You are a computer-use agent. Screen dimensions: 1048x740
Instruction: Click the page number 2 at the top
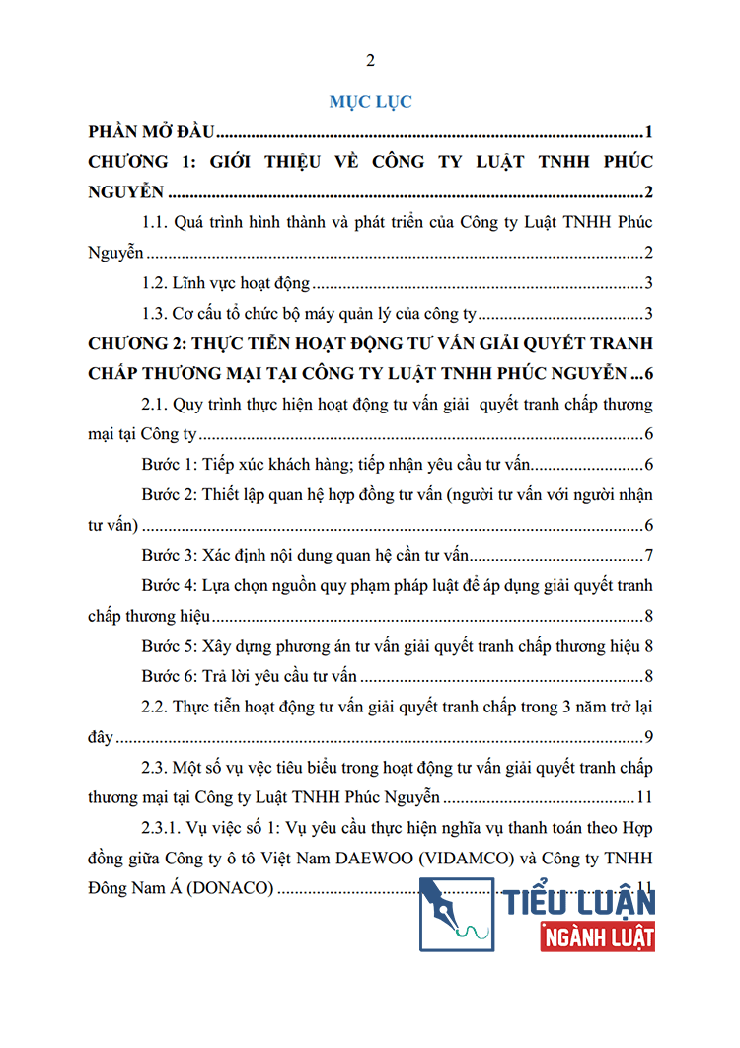pos(370,61)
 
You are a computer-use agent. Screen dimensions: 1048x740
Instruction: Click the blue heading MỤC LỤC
pos(370,101)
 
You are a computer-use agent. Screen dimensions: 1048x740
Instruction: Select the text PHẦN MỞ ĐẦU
pos(152,132)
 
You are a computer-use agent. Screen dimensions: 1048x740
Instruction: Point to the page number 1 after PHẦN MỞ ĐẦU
pos(647,132)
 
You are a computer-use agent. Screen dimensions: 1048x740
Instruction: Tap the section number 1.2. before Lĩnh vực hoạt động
pos(156,284)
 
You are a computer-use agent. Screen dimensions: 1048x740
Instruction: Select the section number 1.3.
pos(156,315)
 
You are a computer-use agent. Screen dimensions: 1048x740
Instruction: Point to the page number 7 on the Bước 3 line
pos(648,556)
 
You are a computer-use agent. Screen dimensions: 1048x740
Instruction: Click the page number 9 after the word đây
pos(648,737)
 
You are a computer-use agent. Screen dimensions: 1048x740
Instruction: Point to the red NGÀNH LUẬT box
pos(597,934)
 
